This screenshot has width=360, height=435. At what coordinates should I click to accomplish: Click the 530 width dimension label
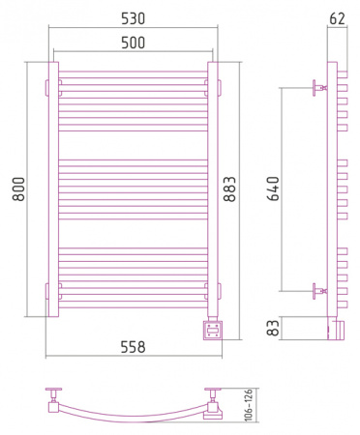pos(133,18)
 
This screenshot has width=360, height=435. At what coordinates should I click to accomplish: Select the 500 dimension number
pos(133,43)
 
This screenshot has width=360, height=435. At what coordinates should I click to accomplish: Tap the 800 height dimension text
pos(18,189)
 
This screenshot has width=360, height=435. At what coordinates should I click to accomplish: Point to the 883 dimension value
pos(229,189)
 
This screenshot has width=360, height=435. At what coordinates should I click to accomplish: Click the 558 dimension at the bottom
pos(133,347)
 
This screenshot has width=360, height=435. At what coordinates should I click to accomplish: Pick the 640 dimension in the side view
pos(273,188)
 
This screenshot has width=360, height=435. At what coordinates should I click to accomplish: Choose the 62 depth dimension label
pos(338,18)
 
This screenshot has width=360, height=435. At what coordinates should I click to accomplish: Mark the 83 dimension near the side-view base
pos(273,328)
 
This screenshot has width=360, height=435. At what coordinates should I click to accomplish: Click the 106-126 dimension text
pos(249,405)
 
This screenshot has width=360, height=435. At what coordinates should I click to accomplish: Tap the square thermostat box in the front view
pos(213,331)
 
